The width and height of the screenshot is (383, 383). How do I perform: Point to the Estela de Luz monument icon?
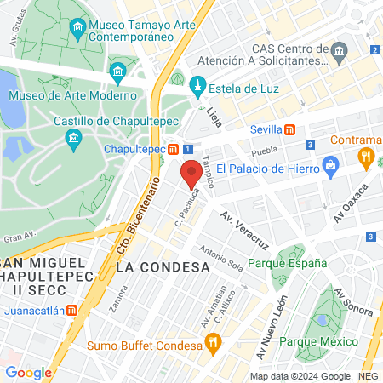click(197, 85)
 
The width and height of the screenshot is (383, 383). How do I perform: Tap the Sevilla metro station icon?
click(290, 129)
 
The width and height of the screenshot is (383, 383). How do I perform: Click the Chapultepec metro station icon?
click(173, 149)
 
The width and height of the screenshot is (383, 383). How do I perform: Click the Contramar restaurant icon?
click(367, 156)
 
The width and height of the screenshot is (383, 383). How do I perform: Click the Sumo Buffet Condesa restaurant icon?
click(213, 344)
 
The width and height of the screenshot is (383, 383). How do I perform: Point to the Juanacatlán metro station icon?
click(73, 311)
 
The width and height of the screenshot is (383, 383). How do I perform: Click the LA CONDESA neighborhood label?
click(162, 266)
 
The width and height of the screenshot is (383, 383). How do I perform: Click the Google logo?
click(28, 372)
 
